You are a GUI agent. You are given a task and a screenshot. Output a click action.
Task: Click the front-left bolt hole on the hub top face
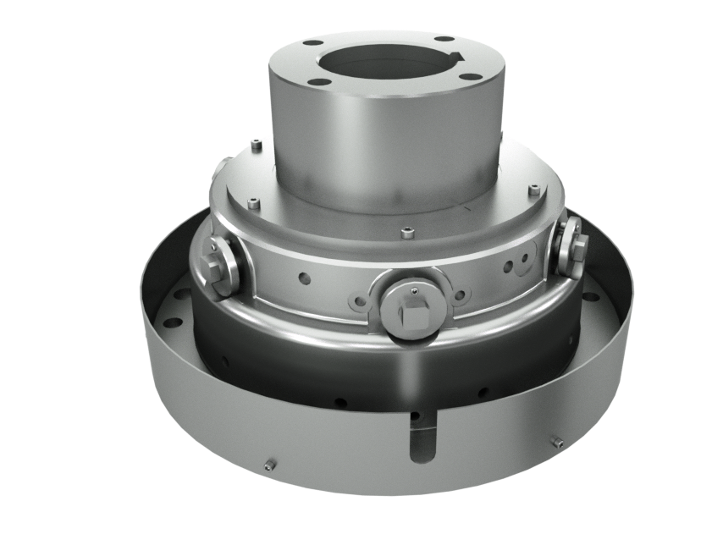tap(318, 82)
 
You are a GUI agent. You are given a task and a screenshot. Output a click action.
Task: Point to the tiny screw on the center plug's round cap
tap(412, 290)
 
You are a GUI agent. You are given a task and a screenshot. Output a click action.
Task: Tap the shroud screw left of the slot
tap(270, 464)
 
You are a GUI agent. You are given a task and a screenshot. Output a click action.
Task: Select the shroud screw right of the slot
tap(557, 442)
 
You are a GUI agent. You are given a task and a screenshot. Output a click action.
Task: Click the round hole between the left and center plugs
tap(304, 275)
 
